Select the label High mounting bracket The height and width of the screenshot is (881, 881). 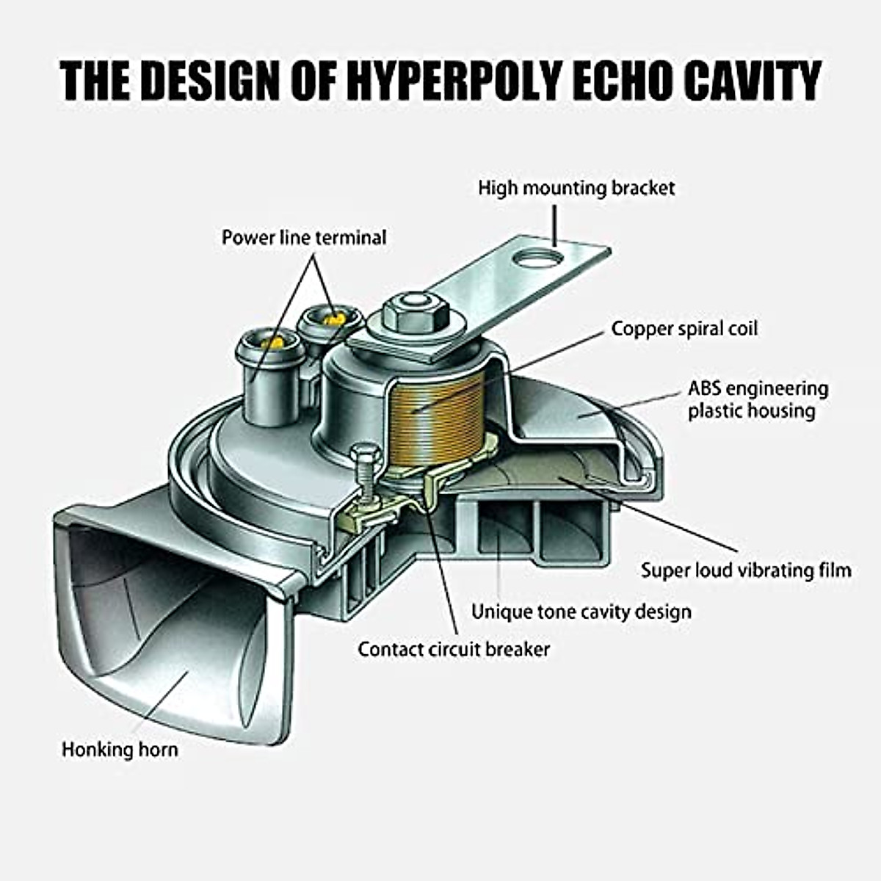click(x=576, y=188)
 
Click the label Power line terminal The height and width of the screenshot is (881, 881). click(x=304, y=238)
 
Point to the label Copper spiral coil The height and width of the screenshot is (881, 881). click(x=684, y=328)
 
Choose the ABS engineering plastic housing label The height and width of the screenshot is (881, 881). click(x=758, y=399)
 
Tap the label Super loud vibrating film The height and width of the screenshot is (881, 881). click(x=746, y=570)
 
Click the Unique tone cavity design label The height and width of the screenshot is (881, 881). click(x=581, y=611)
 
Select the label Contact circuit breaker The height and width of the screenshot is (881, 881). click(x=454, y=649)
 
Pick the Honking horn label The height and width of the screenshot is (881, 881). click(x=120, y=750)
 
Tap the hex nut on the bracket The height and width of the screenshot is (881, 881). click(x=415, y=313)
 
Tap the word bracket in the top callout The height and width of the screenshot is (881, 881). click(x=644, y=188)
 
